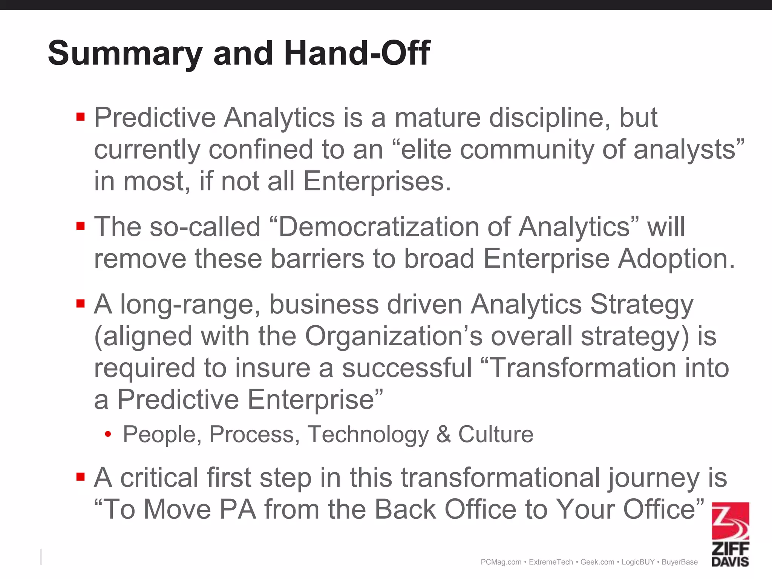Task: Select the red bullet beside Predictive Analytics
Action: (80, 116)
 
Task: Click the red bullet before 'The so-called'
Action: (80, 226)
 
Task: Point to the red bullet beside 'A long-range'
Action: (80, 303)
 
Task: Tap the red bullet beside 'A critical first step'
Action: (80, 477)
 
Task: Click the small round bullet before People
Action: (108, 435)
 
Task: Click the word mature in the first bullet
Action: (437, 117)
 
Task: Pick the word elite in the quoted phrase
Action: (426, 149)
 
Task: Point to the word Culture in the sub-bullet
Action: (496, 434)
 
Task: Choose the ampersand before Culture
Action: (444, 434)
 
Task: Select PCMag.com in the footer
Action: (501, 562)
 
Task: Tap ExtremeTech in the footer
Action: (551, 562)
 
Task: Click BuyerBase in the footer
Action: (680, 562)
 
